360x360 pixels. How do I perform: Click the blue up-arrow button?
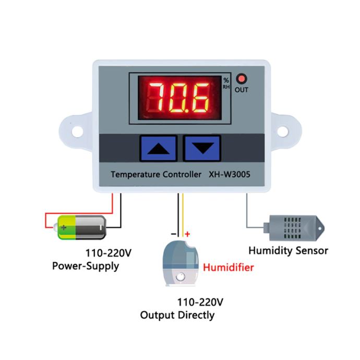coord(159,148)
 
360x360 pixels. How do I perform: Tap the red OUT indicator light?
coord(241,79)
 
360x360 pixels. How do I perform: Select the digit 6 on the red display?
coord(200,98)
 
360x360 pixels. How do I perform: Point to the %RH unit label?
coord(226,83)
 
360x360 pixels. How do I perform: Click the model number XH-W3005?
coord(229,174)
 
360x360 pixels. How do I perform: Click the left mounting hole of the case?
coord(77,131)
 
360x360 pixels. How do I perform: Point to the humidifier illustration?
coord(181,263)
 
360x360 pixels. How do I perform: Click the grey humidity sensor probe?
coord(294,228)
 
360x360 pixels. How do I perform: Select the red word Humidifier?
coord(229,268)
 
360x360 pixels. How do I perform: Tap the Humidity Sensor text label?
coord(289,250)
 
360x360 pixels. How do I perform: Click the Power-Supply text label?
coord(86,266)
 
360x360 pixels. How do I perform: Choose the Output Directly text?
coord(177,315)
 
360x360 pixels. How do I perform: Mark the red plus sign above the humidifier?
coord(187,234)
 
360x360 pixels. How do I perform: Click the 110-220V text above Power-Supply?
coord(109,253)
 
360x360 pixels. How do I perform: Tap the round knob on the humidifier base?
coord(181,277)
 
